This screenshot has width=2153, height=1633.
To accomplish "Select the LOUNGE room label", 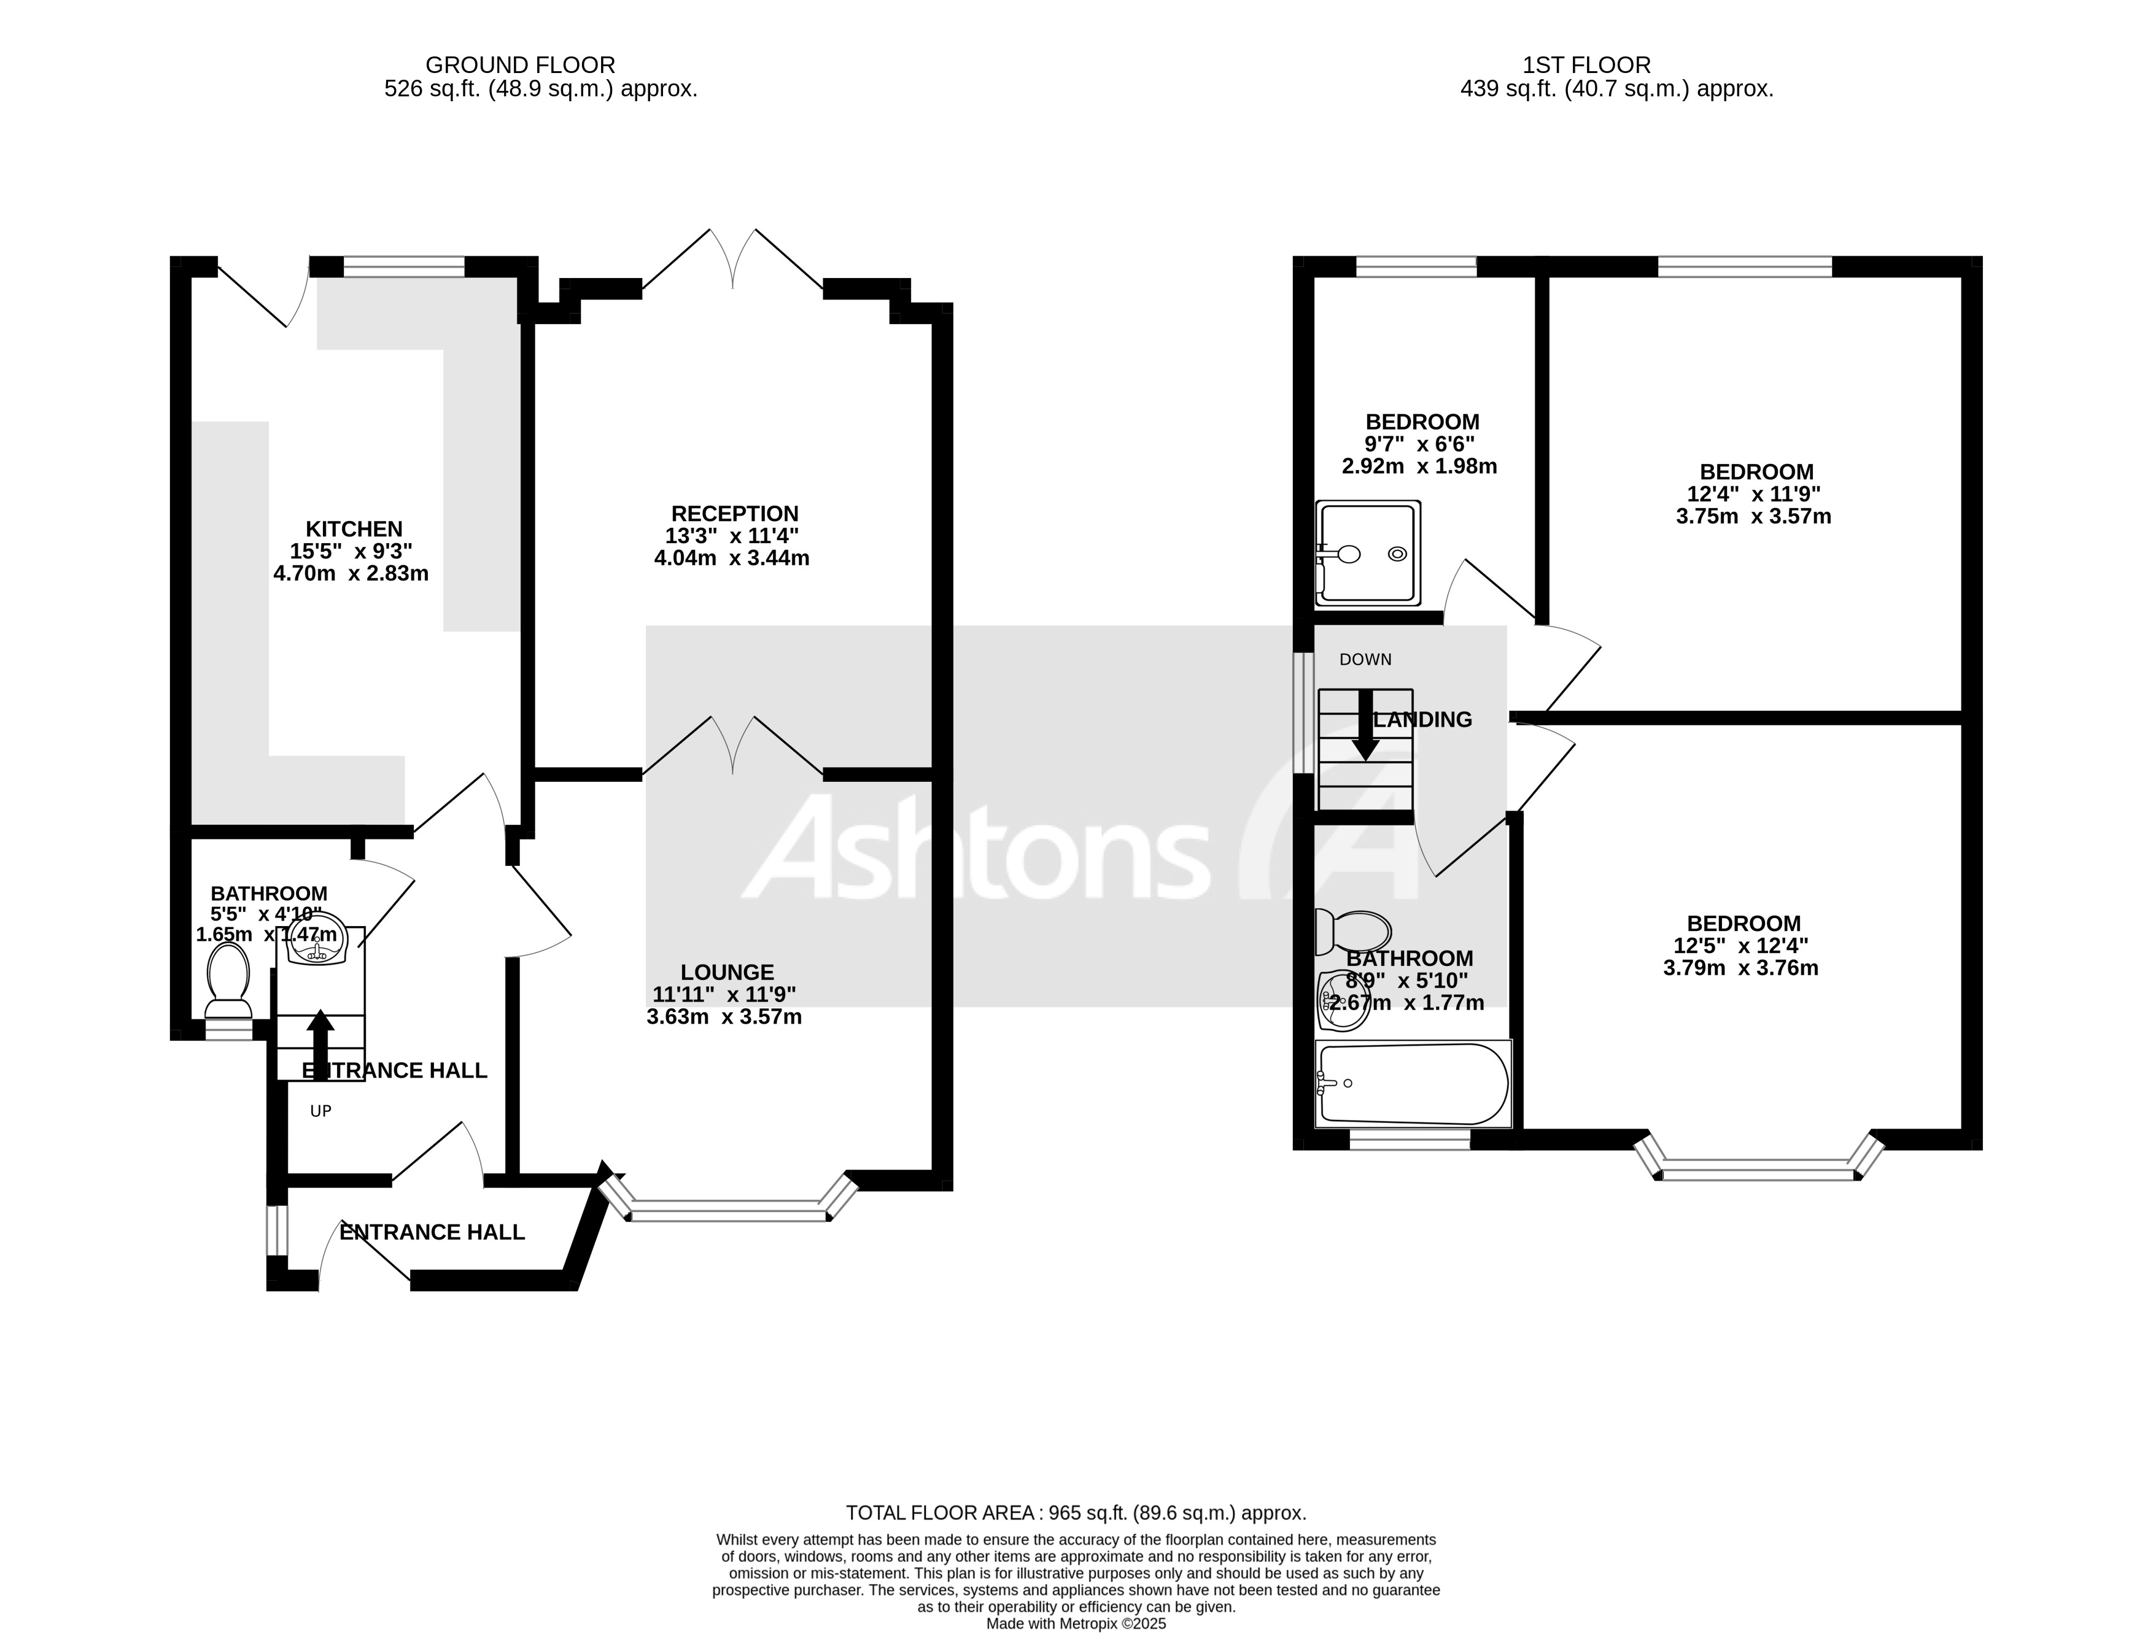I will [x=726, y=972].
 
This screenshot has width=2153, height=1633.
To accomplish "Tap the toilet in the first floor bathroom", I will [x=1352, y=932].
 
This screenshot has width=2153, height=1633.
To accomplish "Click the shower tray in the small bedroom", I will [x=1368, y=552].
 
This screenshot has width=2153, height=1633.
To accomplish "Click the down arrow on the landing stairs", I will [x=1365, y=725].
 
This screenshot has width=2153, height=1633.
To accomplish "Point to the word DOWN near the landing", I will [x=1365, y=660].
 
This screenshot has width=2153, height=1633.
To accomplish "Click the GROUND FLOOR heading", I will [x=520, y=65].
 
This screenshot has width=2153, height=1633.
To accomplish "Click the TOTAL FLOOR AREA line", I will [x=1076, y=1513].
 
